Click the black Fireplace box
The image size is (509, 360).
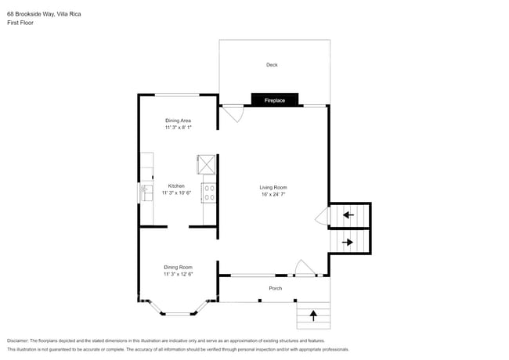point(274,100)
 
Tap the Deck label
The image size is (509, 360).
point(271,65)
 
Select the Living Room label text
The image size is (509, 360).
point(273,187)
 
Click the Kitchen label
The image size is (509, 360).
point(176,185)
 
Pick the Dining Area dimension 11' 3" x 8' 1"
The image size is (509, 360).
point(178,127)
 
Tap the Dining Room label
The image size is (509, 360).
point(178,267)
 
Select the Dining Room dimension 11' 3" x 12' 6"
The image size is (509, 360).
point(178,274)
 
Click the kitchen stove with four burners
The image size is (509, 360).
point(209,193)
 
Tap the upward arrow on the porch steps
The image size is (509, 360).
point(314,315)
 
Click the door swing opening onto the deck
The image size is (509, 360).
point(232,114)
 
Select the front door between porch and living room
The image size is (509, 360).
point(303,269)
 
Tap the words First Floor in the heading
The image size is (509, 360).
point(21,23)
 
